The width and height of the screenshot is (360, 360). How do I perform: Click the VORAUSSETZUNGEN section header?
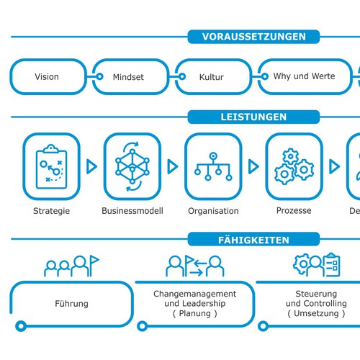[254, 37]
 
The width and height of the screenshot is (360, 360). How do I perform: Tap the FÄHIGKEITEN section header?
[255, 240]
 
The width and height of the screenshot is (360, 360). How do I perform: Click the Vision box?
[47, 77]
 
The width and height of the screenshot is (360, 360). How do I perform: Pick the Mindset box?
[129, 77]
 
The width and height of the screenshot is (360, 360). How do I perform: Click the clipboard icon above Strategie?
[51, 166]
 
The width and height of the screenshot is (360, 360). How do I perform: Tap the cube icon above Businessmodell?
[132, 166]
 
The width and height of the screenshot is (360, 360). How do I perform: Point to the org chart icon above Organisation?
[212, 166]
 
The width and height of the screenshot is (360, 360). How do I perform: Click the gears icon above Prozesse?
[293, 166]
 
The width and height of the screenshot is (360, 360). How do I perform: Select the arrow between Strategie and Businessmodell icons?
[91, 166]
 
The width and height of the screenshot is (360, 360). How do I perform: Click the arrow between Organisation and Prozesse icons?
[253, 166]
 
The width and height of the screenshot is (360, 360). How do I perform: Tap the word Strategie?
[51, 211]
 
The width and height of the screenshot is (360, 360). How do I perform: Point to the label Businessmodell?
[132, 211]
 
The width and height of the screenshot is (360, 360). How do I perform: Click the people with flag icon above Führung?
[71, 266]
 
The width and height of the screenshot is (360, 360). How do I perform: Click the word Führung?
[71, 304]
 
